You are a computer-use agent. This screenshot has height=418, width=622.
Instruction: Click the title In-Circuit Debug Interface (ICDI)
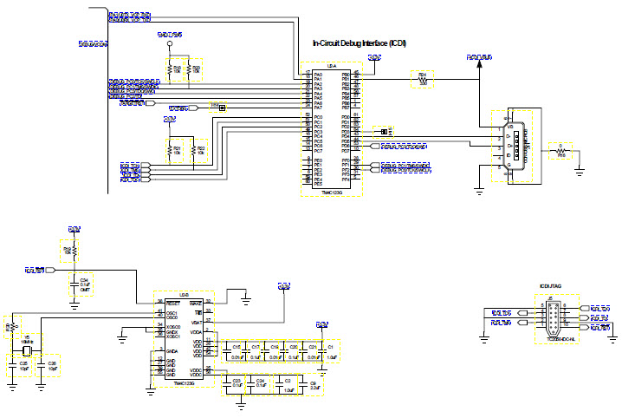click(359, 43)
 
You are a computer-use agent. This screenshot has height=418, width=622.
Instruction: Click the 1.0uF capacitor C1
click(331, 351)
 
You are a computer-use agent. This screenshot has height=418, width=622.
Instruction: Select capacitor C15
click(236, 351)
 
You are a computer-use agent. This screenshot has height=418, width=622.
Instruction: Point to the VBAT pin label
click(198, 323)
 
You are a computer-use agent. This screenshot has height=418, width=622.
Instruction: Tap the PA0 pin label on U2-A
click(318, 75)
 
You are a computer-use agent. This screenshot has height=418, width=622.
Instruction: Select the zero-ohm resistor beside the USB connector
click(560, 151)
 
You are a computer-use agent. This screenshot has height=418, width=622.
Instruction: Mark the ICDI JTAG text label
click(551, 284)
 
